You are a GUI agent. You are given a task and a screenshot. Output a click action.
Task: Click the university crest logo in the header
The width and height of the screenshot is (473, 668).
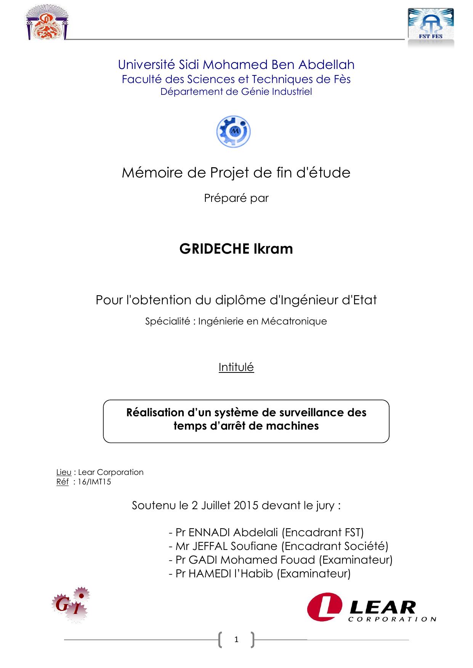point(47,24)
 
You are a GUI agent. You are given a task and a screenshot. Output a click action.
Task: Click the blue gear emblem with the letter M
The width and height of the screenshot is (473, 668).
point(234,132)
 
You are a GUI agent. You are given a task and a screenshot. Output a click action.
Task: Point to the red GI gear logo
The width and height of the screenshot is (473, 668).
point(71,605)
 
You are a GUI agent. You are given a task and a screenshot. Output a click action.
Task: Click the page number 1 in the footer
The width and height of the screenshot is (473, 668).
point(236,640)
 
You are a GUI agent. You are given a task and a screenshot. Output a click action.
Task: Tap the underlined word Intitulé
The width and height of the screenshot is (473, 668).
point(236,367)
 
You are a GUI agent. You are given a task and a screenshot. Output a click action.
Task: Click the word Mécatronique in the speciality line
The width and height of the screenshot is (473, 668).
point(294,321)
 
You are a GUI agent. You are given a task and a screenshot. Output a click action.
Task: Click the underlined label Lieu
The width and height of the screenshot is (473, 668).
point(64,472)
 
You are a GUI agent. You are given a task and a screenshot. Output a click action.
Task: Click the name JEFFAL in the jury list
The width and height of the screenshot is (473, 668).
point(210,546)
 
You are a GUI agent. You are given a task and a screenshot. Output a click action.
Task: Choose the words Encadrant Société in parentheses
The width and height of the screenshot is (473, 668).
point(335,546)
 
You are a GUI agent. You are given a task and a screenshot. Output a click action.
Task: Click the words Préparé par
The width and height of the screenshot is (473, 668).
point(236,198)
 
